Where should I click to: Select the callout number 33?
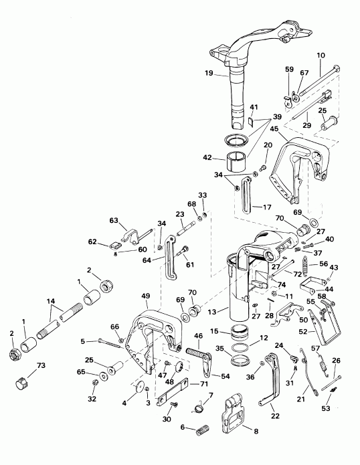203,195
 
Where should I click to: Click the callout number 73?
41,367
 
